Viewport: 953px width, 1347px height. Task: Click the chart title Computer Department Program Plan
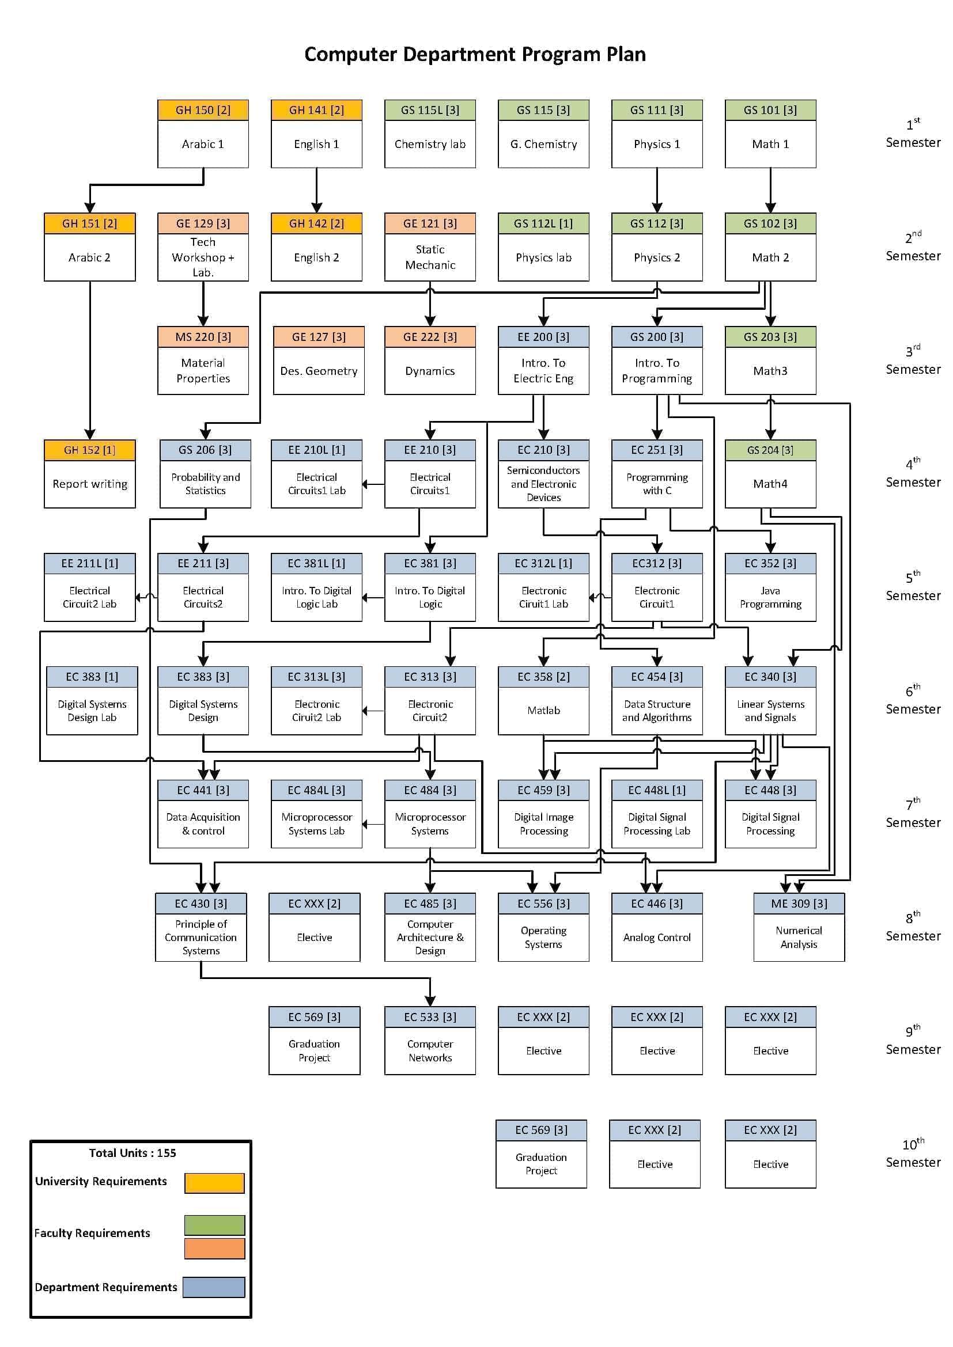click(x=475, y=54)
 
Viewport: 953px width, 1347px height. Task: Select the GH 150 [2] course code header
click(x=203, y=110)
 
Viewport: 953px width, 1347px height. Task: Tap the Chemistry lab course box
click(x=430, y=144)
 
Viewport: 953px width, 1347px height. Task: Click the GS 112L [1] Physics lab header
click(x=543, y=223)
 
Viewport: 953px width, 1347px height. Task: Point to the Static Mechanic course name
click(x=430, y=257)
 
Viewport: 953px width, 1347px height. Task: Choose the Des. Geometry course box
click(x=319, y=371)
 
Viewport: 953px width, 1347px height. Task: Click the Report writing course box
click(x=90, y=483)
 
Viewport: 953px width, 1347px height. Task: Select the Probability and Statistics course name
click(x=205, y=484)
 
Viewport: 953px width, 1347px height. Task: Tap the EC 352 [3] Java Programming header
click(x=770, y=563)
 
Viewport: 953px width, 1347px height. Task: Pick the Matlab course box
click(x=543, y=711)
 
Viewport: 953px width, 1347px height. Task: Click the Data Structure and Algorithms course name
click(x=657, y=711)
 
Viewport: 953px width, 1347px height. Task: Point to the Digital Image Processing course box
click(x=543, y=824)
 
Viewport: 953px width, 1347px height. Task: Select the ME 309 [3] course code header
click(x=799, y=904)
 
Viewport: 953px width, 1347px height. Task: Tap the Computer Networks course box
click(x=430, y=1050)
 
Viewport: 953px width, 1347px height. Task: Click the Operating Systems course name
click(x=543, y=937)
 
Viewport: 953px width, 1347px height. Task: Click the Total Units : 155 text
click(x=133, y=1153)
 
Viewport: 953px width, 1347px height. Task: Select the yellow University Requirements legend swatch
click(x=214, y=1183)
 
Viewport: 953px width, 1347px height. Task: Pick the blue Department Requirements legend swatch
click(x=214, y=1287)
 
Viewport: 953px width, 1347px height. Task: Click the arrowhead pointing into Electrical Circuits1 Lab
click(x=365, y=484)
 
